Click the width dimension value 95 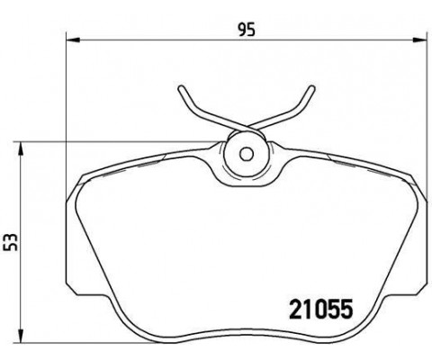[247, 30]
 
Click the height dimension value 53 [11, 242]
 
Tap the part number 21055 [320, 310]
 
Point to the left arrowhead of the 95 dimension [73, 40]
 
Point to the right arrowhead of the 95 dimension [419, 40]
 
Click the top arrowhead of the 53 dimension [20, 148]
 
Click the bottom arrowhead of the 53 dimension [20, 335]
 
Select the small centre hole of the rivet [247, 154]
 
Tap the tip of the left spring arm [181, 88]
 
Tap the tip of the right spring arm [312, 88]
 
